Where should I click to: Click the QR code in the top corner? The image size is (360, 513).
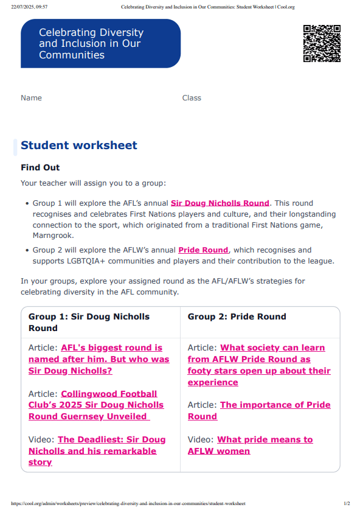click(x=322, y=43)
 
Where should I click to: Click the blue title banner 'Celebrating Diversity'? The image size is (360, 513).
click(x=100, y=43)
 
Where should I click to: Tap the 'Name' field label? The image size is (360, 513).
click(x=32, y=98)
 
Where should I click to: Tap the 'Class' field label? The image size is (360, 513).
click(x=192, y=98)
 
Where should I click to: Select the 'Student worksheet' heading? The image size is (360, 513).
click(x=79, y=145)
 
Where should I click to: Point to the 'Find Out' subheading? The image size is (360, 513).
click(x=40, y=167)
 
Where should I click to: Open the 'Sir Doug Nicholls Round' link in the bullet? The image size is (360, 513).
click(x=220, y=203)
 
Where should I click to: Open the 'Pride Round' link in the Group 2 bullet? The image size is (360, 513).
click(x=203, y=250)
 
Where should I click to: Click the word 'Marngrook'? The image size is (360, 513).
click(x=53, y=235)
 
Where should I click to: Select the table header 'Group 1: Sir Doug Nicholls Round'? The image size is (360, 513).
click(x=89, y=322)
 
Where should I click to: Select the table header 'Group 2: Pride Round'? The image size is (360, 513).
click(x=237, y=316)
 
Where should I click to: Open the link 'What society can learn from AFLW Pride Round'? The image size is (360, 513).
click(x=258, y=365)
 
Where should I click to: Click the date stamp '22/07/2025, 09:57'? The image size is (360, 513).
click(x=29, y=7)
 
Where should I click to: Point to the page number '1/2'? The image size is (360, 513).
click(x=347, y=504)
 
